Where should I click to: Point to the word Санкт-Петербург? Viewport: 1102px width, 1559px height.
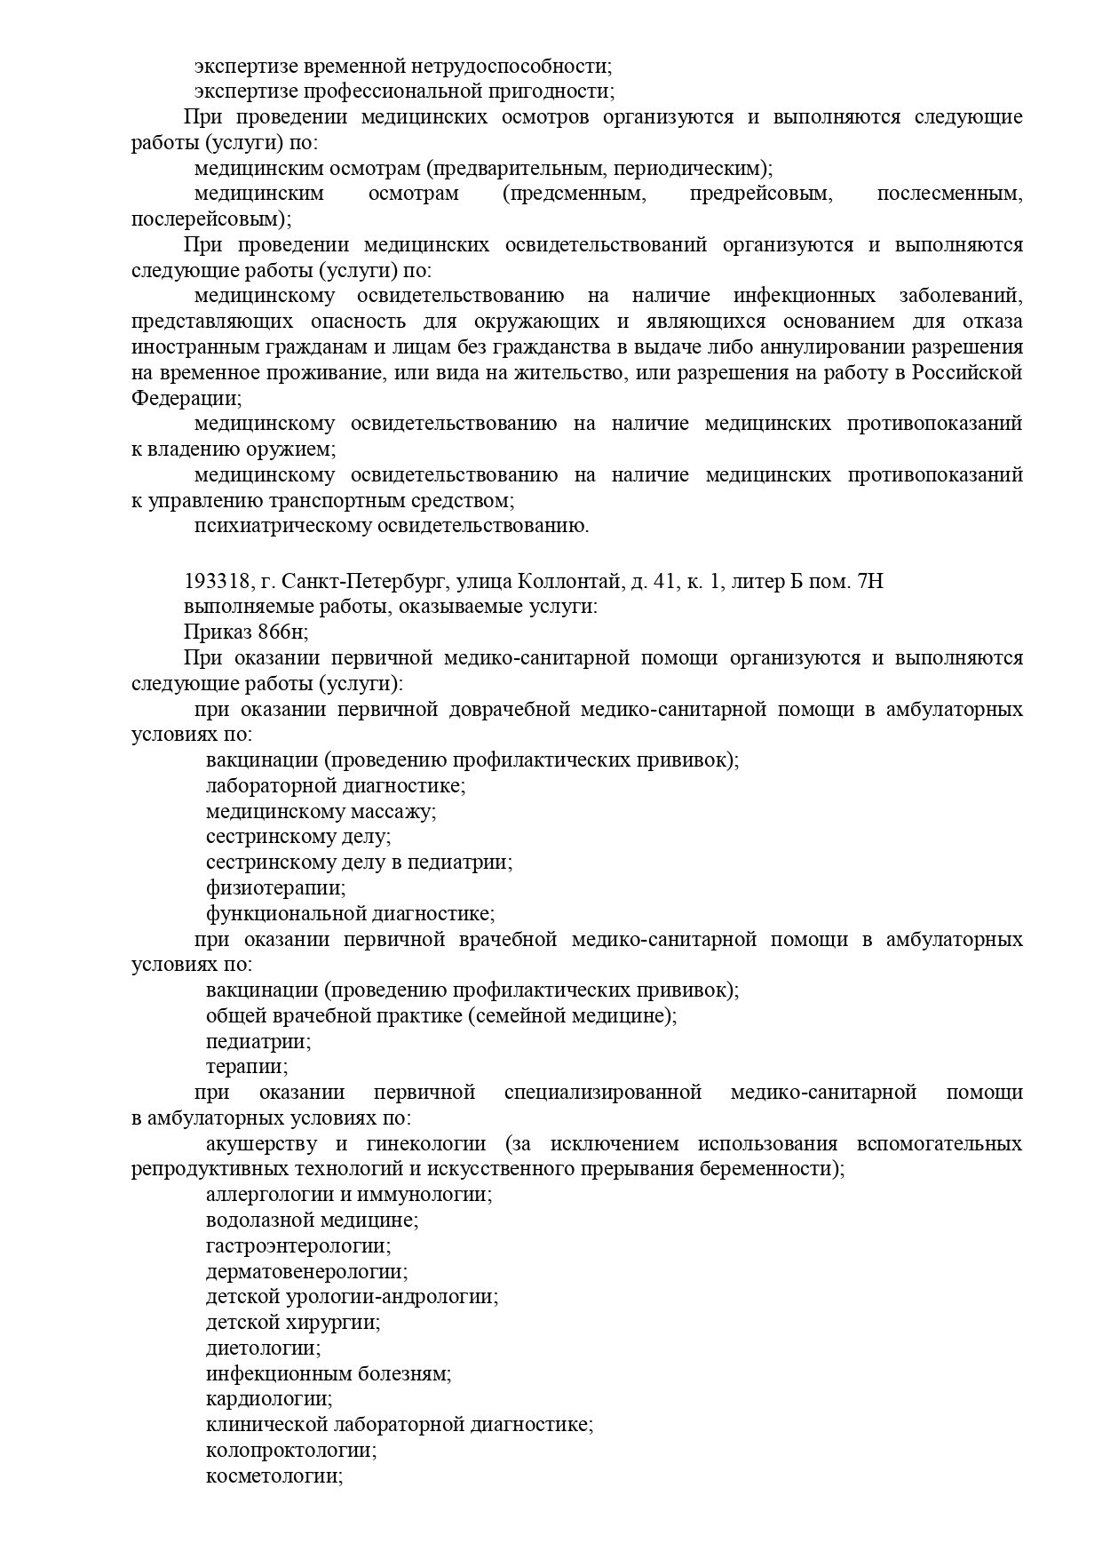click(364, 582)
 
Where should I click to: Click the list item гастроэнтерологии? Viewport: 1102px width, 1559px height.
click(297, 1245)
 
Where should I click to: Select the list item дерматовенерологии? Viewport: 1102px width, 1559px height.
click(306, 1271)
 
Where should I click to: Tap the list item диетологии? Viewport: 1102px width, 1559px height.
click(263, 1348)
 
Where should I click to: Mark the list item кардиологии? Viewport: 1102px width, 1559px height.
click(268, 1399)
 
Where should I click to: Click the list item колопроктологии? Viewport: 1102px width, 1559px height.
click(290, 1451)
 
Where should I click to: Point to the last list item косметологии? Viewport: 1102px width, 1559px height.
click(274, 1475)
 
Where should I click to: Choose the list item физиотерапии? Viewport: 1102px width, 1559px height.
click(275, 887)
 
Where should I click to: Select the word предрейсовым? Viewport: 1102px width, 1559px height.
click(761, 194)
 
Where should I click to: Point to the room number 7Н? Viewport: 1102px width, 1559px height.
click(871, 582)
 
